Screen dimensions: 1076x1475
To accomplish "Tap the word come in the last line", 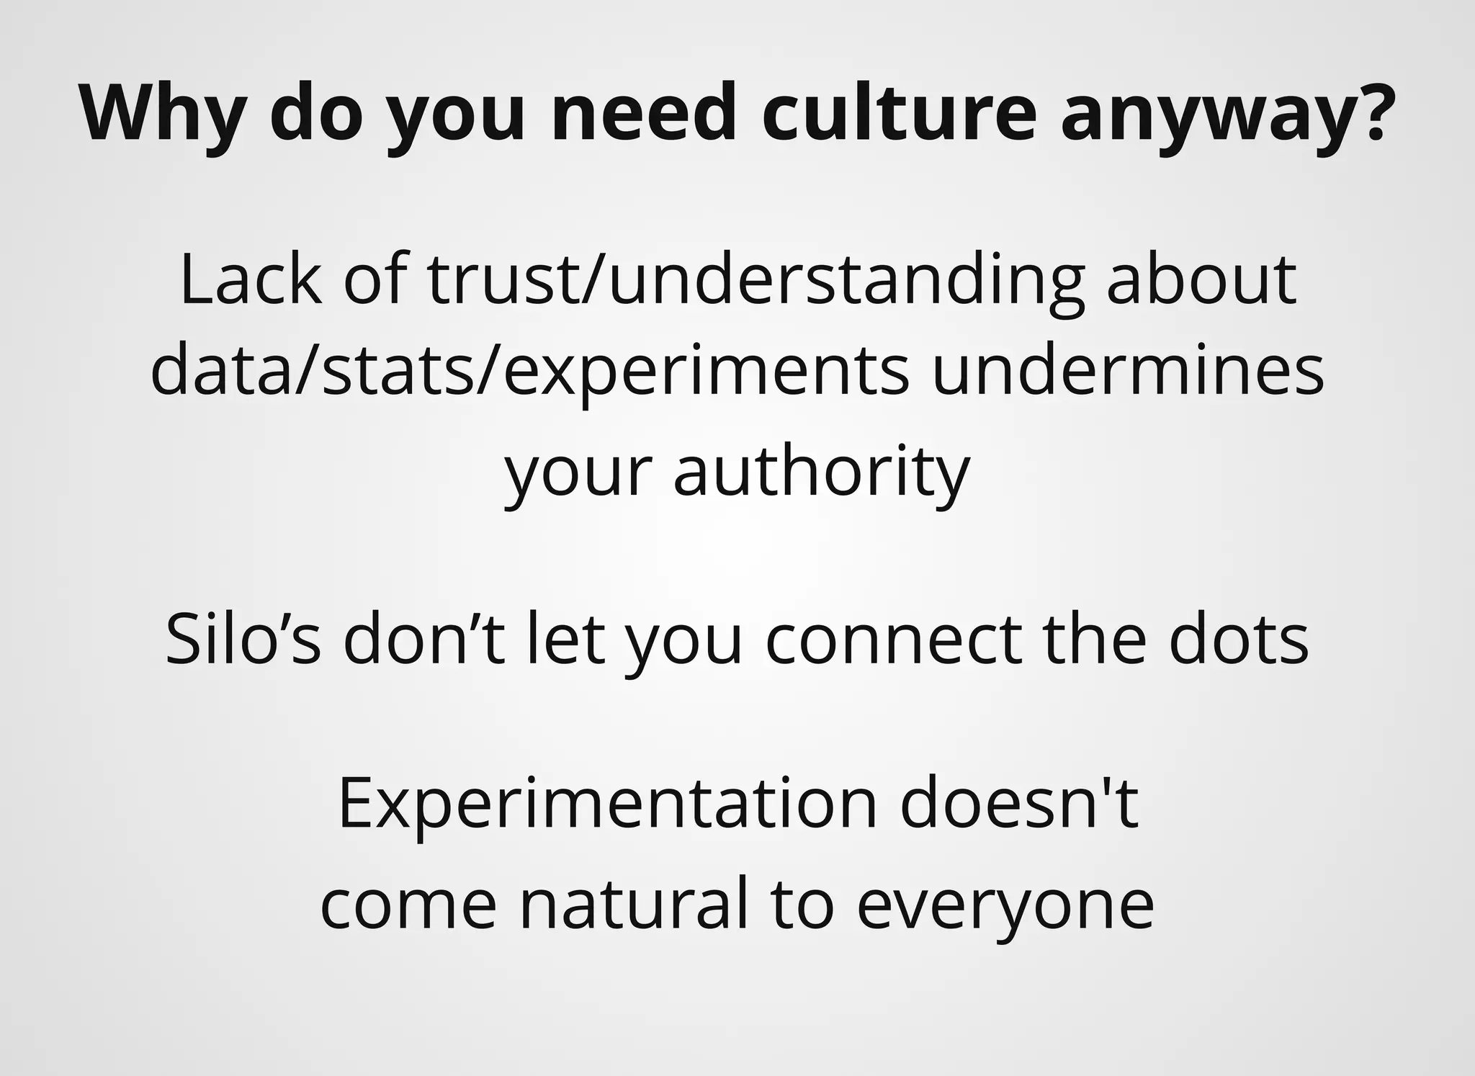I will pyautogui.click(x=408, y=906).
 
